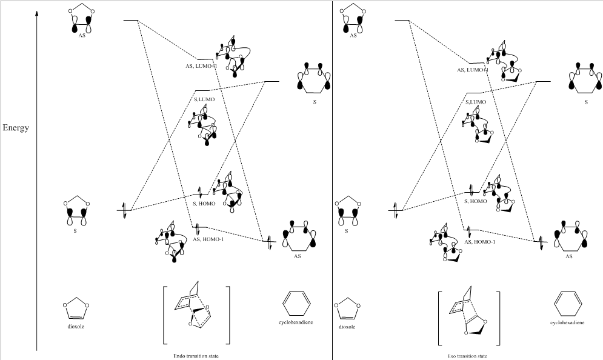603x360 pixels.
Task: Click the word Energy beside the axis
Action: coord(16,128)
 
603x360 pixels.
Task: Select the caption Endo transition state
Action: coord(196,356)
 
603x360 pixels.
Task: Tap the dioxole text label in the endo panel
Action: coord(76,326)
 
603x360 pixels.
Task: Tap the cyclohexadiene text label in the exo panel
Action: coord(567,323)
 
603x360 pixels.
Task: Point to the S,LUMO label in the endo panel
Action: coord(205,99)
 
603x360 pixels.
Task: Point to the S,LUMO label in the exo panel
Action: coord(476,102)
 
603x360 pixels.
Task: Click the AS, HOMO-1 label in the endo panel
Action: coord(208,239)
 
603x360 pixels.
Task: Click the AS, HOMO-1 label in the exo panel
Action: coord(479,242)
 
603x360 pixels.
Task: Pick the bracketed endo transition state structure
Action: coord(196,315)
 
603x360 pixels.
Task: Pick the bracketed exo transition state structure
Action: coord(468,318)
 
